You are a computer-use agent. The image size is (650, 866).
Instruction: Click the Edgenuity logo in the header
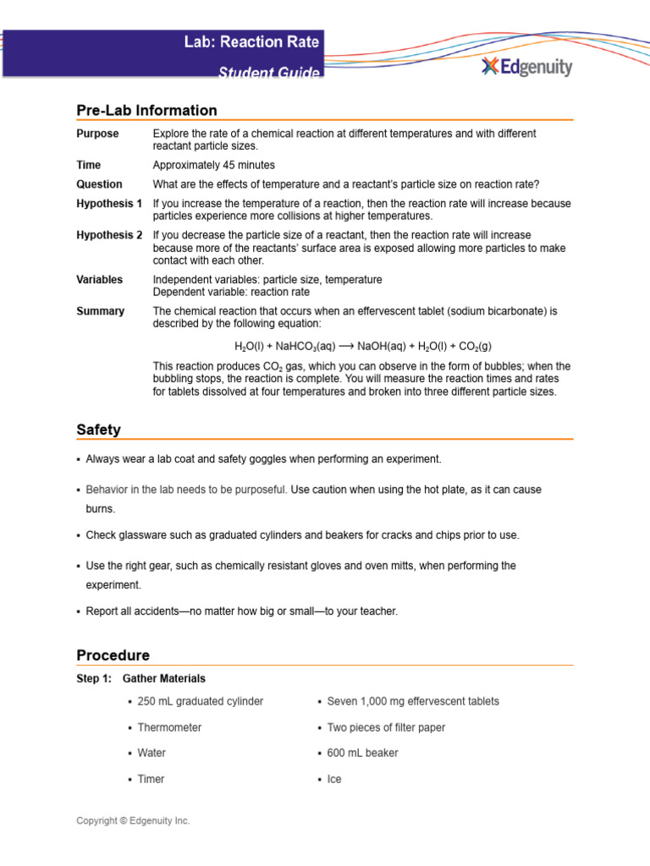pyautogui.click(x=526, y=67)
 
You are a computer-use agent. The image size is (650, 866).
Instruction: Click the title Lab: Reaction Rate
pyautogui.click(x=252, y=41)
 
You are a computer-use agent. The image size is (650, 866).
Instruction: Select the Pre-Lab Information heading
pyautogui.click(x=146, y=110)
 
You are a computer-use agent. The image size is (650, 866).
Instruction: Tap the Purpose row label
pyautogui.click(x=97, y=134)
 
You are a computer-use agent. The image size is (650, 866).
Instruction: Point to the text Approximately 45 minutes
pyautogui.click(x=213, y=165)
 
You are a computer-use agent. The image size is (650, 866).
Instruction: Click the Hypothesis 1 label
pyautogui.click(x=109, y=204)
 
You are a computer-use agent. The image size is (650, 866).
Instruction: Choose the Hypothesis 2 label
pyautogui.click(x=109, y=235)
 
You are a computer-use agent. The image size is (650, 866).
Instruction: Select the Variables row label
pyautogui.click(x=99, y=279)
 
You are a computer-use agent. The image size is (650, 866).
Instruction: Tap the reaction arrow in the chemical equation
pyautogui.click(x=347, y=347)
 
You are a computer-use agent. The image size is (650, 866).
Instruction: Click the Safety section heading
pyautogui.click(x=98, y=430)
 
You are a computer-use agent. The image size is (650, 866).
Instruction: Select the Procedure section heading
pyautogui.click(x=113, y=655)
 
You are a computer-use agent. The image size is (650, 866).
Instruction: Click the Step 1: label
pyautogui.click(x=93, y=678)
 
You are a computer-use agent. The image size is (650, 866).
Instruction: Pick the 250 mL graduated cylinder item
pyautogui.click(x=200, y=701)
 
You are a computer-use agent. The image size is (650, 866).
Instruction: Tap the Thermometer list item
pyautogui.click(x=169, y=727)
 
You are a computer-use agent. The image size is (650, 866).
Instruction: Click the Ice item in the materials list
pyautogui.click(x=334, y=779)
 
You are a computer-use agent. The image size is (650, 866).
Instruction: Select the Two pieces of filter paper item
pyautogui.click(x=386, y=727)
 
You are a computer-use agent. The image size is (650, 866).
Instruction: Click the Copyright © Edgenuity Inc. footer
pyautogui.click(x=133, y=820)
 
